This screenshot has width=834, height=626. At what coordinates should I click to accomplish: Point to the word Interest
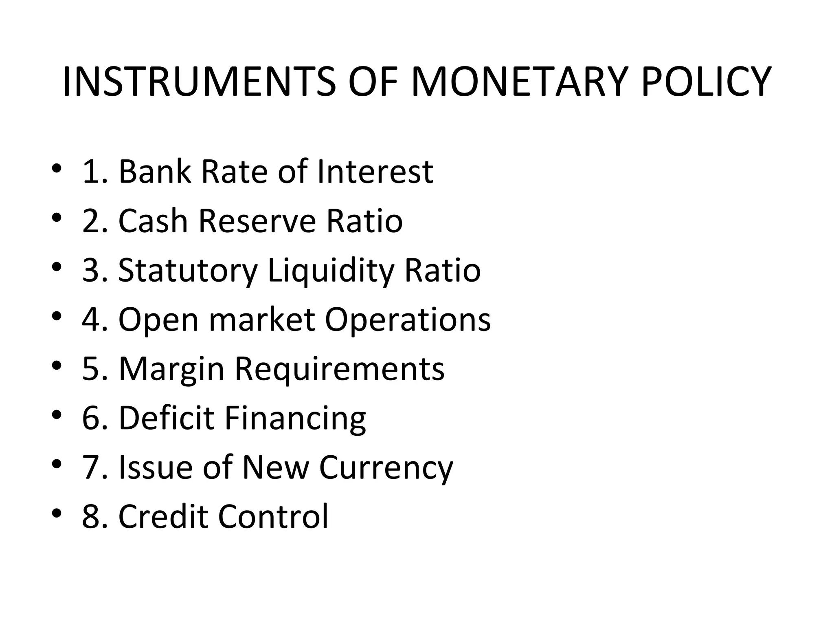coord(375,172)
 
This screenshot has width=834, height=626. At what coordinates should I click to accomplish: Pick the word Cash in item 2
coord(153,221)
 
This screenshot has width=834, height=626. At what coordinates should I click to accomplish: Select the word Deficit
coord(166,418)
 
